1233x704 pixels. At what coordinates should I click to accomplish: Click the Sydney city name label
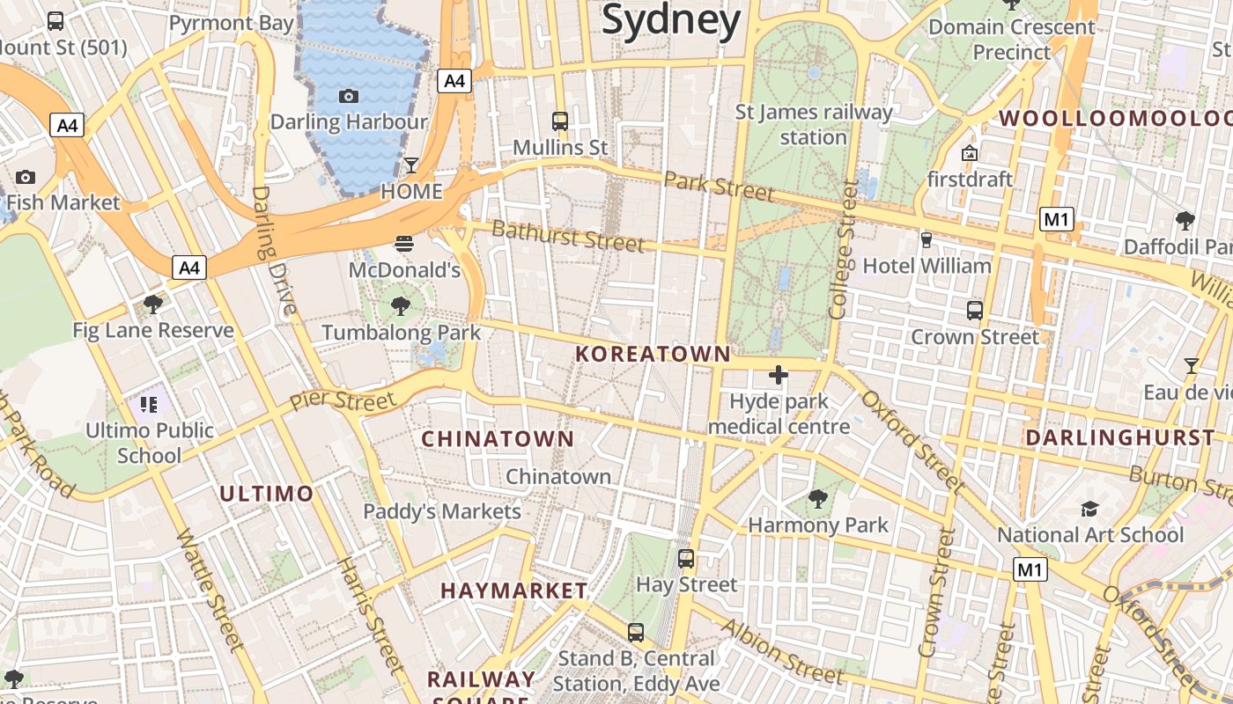671,19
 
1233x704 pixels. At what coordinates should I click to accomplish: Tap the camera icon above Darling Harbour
349,96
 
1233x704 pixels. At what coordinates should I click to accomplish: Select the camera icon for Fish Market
25,177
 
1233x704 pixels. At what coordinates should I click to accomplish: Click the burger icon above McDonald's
404,243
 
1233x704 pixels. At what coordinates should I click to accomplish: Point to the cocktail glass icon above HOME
411,165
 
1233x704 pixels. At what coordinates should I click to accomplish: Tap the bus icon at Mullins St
560,121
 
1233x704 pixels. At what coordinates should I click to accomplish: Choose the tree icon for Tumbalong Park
401,306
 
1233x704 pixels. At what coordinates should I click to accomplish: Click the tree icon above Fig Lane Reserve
153,304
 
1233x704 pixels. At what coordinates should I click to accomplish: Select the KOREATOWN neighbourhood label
653,354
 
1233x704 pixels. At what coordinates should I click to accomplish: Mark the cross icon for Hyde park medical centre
779,376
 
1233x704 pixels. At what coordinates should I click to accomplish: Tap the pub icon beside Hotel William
926,239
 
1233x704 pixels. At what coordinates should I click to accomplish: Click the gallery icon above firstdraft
970,153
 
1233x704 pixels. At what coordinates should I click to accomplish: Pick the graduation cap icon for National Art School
1090,509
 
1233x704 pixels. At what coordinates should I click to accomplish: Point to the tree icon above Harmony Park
818,499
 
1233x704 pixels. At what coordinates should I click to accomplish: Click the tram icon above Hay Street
686,559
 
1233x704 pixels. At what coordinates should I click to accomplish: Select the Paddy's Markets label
442,511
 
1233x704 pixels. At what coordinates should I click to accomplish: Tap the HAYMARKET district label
514,590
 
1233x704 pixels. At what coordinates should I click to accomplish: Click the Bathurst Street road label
568,236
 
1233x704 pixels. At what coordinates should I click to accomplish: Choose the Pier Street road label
343,401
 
